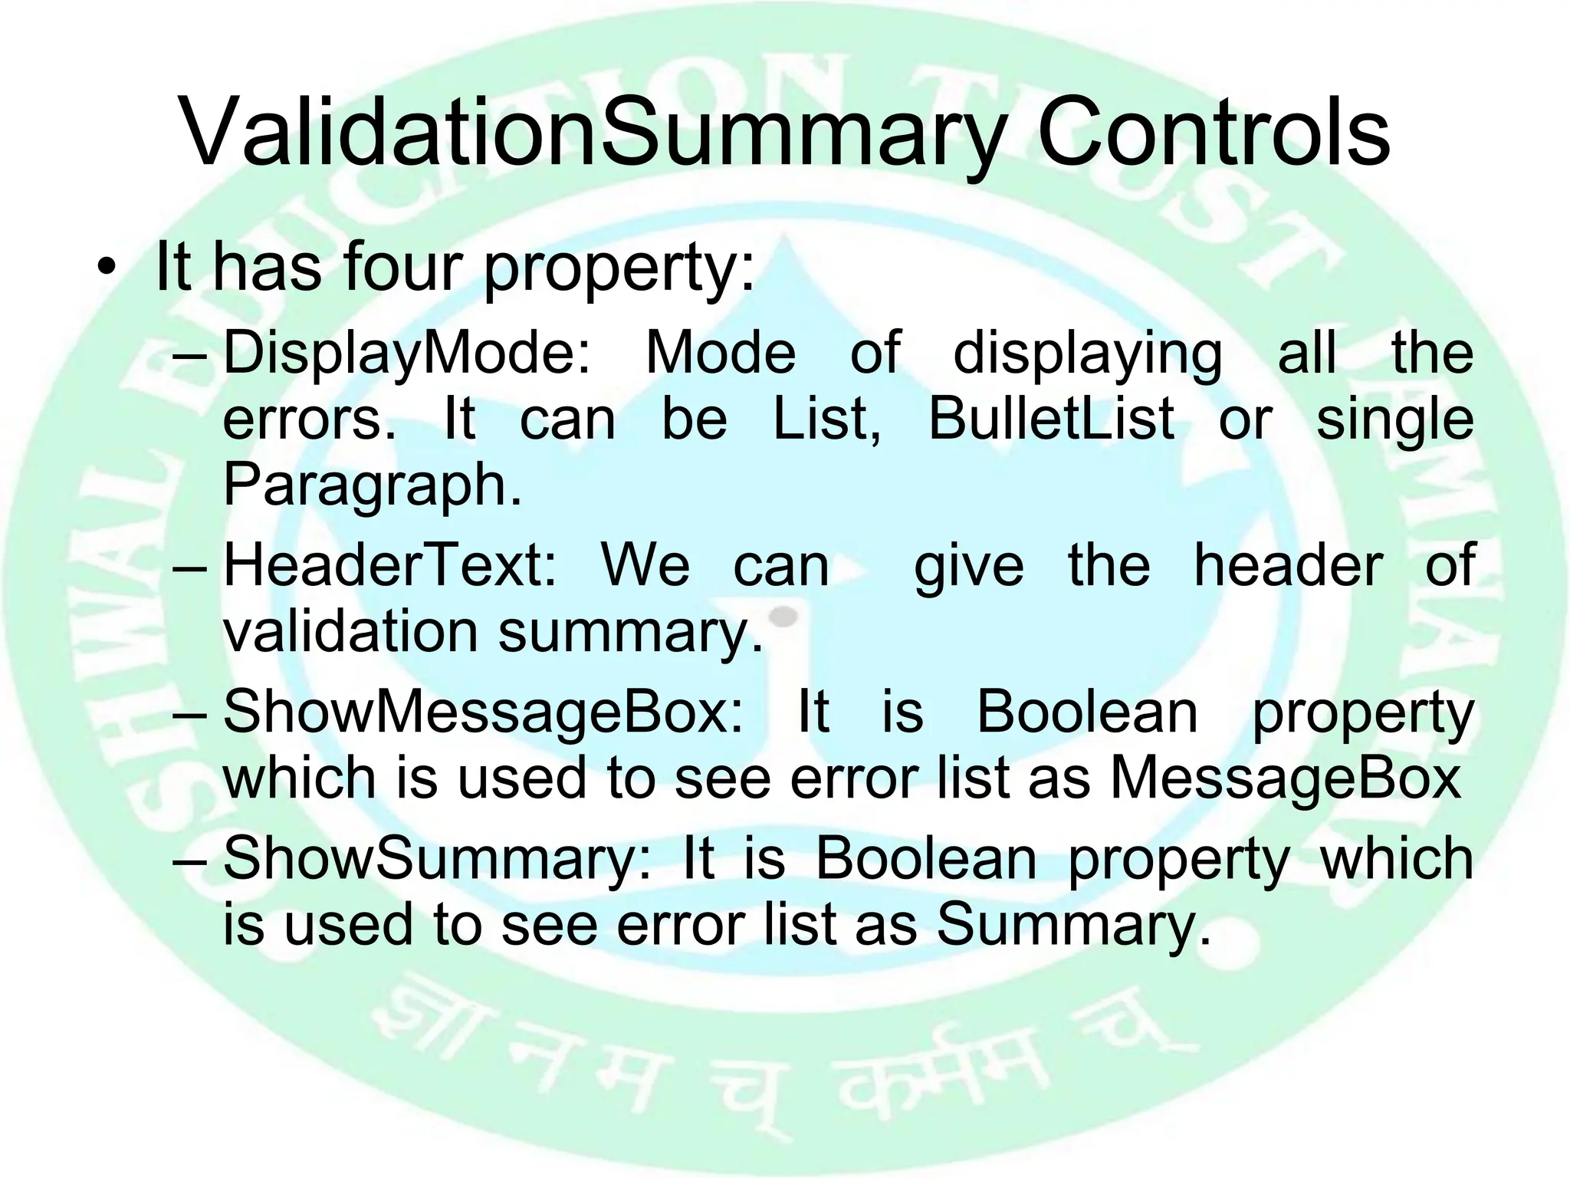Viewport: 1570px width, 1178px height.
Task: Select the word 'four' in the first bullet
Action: (402, 266)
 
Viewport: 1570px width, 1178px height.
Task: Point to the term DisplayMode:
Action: (408, 354)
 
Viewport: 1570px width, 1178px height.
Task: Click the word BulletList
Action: (1051, 420)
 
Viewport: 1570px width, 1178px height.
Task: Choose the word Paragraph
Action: (372, 485)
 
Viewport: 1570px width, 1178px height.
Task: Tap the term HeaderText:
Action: (390, 566)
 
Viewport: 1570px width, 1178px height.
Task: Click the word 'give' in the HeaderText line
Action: (969, 566)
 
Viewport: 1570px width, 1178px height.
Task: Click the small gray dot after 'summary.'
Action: (783, 614)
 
